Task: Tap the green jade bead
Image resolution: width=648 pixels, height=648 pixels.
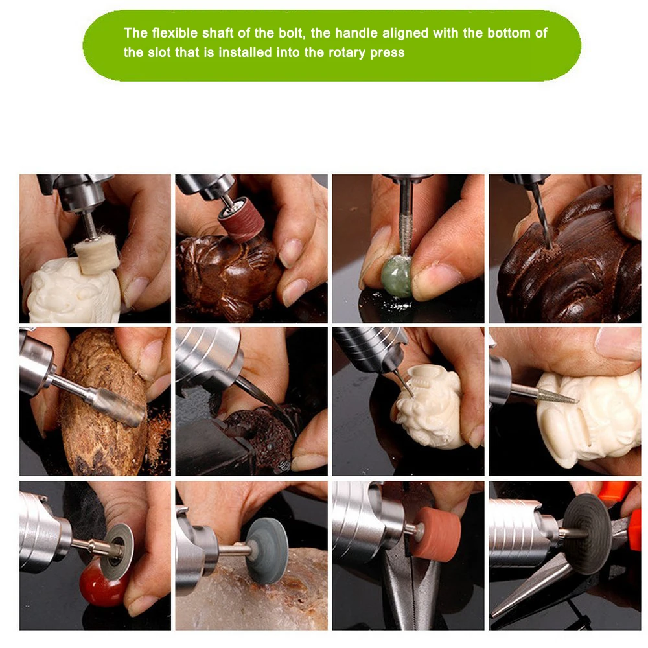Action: click(x=397, y=275)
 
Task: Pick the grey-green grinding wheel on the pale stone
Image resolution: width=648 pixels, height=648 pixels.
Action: click(x=266, y=551)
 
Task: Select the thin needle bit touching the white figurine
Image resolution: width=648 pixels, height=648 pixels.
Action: click(x=402, y=383)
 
